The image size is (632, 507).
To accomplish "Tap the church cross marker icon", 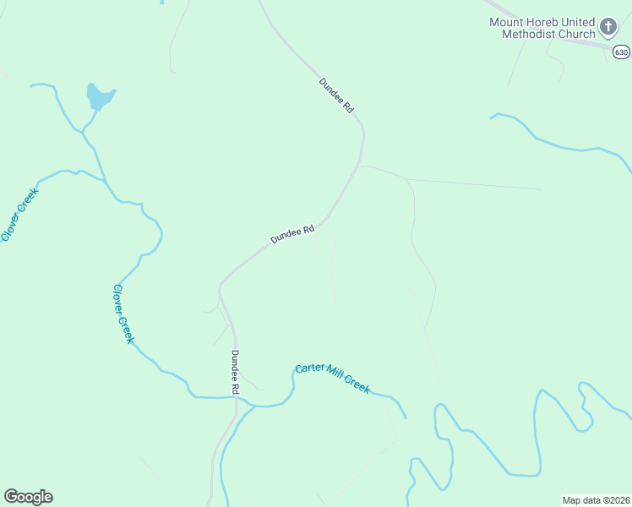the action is (x=607, y=27).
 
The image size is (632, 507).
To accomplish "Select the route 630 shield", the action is (x=621, y=52).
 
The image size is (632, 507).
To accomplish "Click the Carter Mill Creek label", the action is (x=332, y=379).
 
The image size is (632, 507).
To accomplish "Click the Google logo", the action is (x=28, y=497).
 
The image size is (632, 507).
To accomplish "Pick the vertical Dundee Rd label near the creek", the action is (x=236, y=373).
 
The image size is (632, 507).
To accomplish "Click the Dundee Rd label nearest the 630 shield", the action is (x=335, y=96).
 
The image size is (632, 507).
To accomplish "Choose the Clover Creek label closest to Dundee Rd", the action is (x=123, y=313).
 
